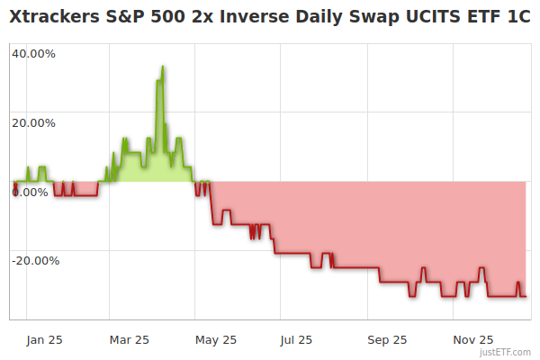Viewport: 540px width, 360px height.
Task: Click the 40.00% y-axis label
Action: pos(33,53)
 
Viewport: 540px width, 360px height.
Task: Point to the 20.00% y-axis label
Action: pos(33,122)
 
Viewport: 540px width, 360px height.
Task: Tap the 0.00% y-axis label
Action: pos(30,192)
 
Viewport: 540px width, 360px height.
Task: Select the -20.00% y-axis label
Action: pos(35,261)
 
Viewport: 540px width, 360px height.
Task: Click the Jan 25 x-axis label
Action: pos(44,339)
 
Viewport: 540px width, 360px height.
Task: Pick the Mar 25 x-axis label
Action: pos(129,339)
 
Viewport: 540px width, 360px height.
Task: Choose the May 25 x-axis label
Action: pos(215,339)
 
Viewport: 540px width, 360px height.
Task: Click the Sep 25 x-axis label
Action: pos(387,339)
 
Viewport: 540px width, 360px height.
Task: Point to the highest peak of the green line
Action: pos(162,66)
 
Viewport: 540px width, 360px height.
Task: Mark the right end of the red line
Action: pos(526,296)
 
